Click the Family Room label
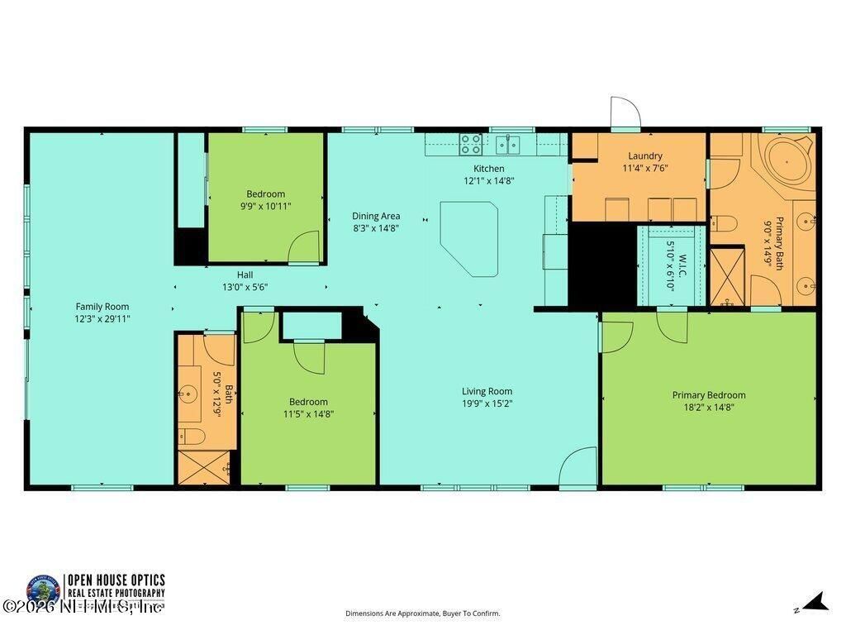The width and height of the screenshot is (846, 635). coord(102,307)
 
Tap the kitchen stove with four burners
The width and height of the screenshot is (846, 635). coord(471,145)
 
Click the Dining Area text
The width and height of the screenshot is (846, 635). coord(376,217)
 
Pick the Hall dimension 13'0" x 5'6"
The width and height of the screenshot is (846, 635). coord(245,287)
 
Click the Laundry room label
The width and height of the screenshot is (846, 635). coord(644,155)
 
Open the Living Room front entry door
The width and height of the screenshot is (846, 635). coord(578,468)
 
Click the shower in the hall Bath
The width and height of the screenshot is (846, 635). coord(203,467)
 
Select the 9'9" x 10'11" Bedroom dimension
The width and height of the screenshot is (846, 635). coord(265,206)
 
